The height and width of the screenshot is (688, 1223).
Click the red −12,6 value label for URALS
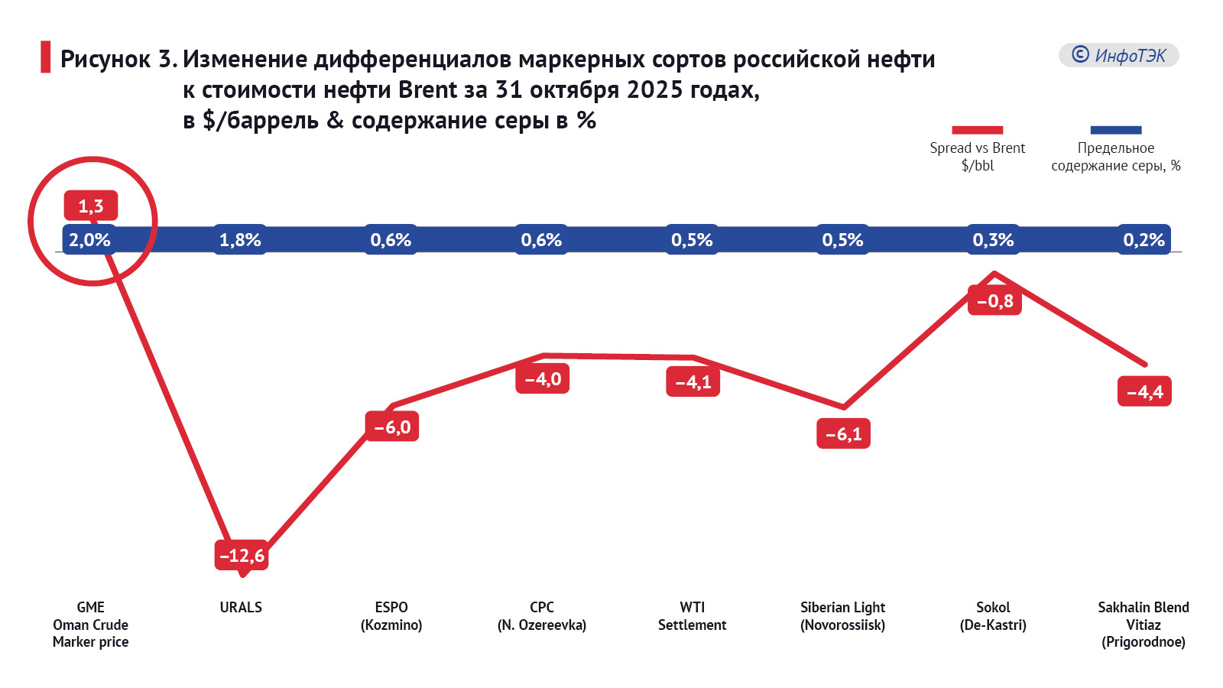pyautogui.click(x=242, y=556)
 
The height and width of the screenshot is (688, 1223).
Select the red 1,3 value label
pyautogui.click(x=91, y=206)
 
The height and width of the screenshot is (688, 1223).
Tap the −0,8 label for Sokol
pyautogui.click(x=994, y=301)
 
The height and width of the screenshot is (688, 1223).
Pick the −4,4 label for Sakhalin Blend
pyautogui.click(x=1144, y=392)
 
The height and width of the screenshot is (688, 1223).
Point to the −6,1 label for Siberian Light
pyautogui.click(x=843, y=434)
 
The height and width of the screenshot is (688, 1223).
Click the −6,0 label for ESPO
pyautogui.click(x=392, y=427)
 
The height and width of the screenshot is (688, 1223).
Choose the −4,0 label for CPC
pyautogui.click(x=543, y=379)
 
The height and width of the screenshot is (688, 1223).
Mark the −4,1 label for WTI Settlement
pyautogui.click(x=693, y=382)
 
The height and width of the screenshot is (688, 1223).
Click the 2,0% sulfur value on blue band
pyautogui.click(x=90, y=240)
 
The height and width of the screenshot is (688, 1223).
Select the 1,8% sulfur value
pyautogui.click(x=240, y=240)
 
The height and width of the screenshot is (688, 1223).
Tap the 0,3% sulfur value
pyautogui.click(x=993, y=240)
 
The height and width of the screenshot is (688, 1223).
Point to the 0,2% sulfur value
pyautogui.click(x=1144, y=240)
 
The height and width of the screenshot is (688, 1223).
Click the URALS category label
pyautogui.click(x=241, y=608)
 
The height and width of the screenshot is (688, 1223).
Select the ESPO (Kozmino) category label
pyautogui.click(x=391, y=616)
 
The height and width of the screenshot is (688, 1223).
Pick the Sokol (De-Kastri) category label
pyautogui.click(x=993, y=616)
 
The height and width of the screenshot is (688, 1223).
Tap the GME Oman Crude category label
pyautogui.click(x=90, y=625)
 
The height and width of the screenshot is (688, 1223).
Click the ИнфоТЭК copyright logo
pyautogui.click(x=1118, y=55)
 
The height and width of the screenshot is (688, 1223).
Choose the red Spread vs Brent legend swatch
pyautogui.click(x=977, y=130)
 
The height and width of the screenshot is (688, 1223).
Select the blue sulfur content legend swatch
pyautogui.click(x=1115, y=130)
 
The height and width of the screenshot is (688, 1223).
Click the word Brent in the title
pyautogui.click(x=427, y=90)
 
